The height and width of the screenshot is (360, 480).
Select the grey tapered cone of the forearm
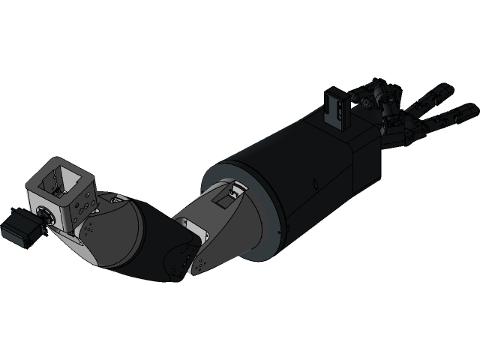pyautogui.click(x=232, y=225)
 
